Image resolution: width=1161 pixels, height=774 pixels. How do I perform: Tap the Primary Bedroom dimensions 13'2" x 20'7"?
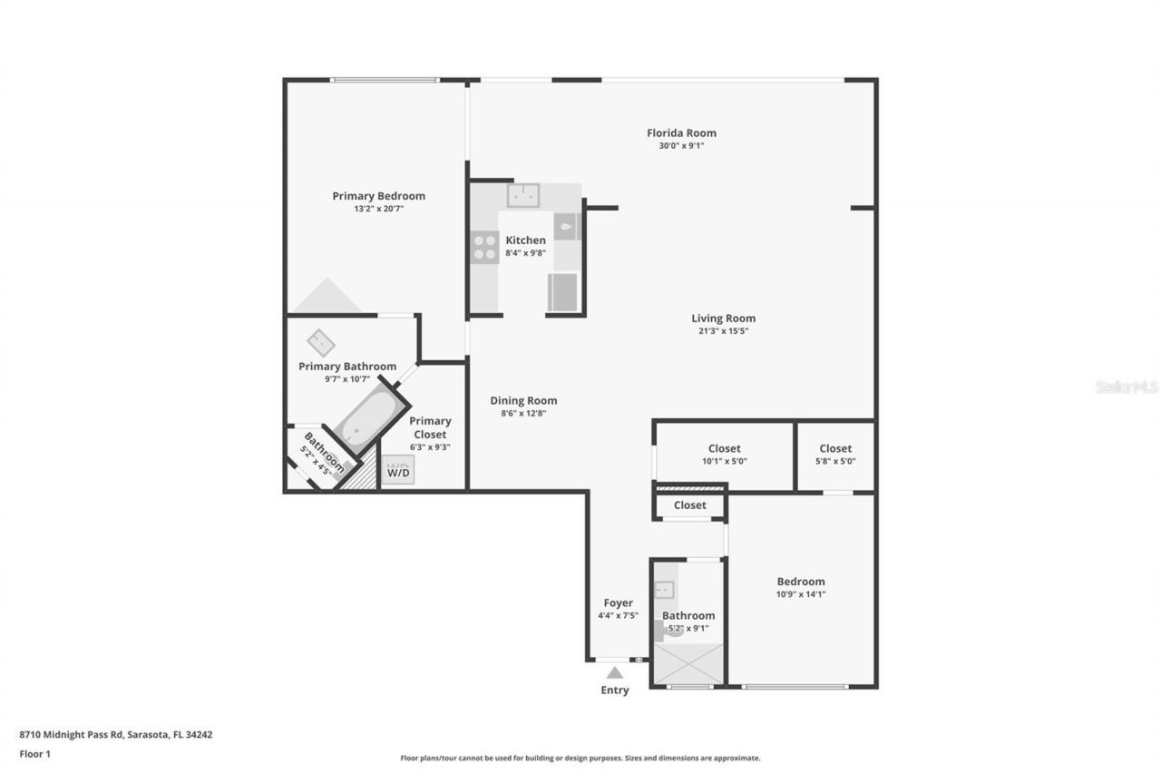[x=378, y=209]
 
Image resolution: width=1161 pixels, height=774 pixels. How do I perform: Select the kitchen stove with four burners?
[x=484, y=248]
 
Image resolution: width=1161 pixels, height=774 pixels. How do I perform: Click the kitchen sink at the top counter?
[x=522, y=195]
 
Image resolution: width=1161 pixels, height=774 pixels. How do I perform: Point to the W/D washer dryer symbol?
[x=397, y=471]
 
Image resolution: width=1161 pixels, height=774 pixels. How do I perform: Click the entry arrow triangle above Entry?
[x=615, y=672]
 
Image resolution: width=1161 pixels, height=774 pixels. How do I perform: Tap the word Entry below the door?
[x=614, y=691]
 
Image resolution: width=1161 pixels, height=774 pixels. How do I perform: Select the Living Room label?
[x=723, y=318]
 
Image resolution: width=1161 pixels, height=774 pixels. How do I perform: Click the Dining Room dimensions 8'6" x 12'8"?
[x=523, y=414]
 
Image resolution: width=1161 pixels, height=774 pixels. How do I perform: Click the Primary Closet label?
[x=430, y=427]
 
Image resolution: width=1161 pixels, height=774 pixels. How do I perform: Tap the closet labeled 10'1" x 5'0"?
[x=724, y=454]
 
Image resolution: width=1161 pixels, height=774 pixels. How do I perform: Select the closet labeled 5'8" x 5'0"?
[x=835, y=454]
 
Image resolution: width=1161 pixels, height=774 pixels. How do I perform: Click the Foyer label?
[x=618, y=603]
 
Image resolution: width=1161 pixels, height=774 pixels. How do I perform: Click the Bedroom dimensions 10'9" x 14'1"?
[x=801, y=595]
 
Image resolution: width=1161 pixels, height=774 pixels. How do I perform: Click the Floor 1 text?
[x=35, y=754]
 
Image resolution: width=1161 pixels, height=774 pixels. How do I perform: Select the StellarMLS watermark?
[x=1127, y=387]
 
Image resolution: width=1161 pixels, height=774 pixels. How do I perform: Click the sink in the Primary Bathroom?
[x=320, y=343]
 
